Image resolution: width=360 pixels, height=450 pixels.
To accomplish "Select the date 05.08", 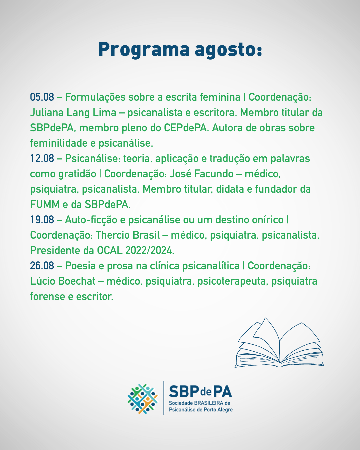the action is click(x=42, y=97).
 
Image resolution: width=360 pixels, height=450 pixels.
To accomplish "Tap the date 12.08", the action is click(x=42, y=158).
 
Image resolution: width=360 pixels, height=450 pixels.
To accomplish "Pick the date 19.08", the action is click(x=42, y=220).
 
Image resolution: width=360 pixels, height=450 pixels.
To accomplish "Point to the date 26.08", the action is click(x=42, y=266).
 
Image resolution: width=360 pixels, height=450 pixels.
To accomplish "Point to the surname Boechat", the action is click(x=77, y=281).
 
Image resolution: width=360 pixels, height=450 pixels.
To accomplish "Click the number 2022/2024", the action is click(x=150, y=251).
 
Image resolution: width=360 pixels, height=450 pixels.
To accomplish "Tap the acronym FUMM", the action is click(x=45, y=205).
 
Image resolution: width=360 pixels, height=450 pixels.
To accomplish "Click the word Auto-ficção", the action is click(x=91, y=220).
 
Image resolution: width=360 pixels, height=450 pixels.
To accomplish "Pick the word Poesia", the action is click(x=80, y=266).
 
